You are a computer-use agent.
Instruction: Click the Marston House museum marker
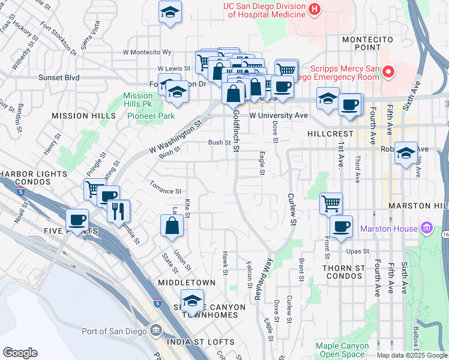[427, 229]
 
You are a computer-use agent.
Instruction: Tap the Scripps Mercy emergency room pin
[388, 73]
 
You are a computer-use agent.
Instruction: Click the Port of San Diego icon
[156, 331]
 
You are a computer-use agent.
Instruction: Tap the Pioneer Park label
[150, 116]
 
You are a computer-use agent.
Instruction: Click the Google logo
[20, 353]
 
